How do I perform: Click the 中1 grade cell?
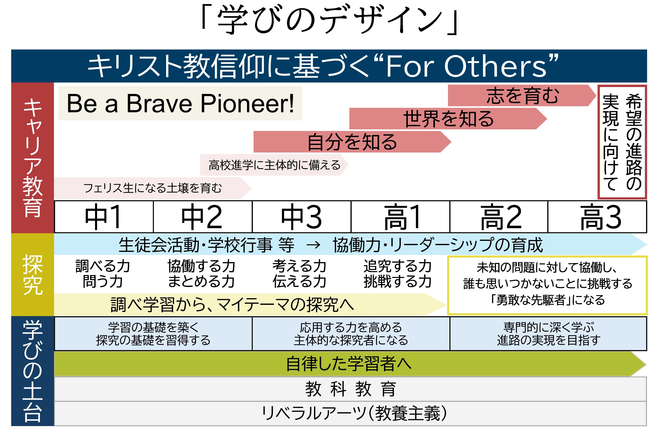[x=104, y=217]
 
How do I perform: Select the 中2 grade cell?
[x=203, y=217]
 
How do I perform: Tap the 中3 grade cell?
[x=302, y=217]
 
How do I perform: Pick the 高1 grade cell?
[x=400, y=217]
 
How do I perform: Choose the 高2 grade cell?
[x=499, y=217]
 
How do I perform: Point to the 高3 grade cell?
[x=598, y=217]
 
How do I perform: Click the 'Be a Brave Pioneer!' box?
[x=180, y=103]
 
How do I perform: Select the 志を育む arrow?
[x=522, y=95]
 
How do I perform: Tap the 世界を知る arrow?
[x=448, y=119]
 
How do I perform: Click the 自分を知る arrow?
[x=352, y=142]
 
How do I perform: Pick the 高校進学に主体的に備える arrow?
[x=274, y=165]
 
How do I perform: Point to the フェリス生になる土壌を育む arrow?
[x=153, y=188]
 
